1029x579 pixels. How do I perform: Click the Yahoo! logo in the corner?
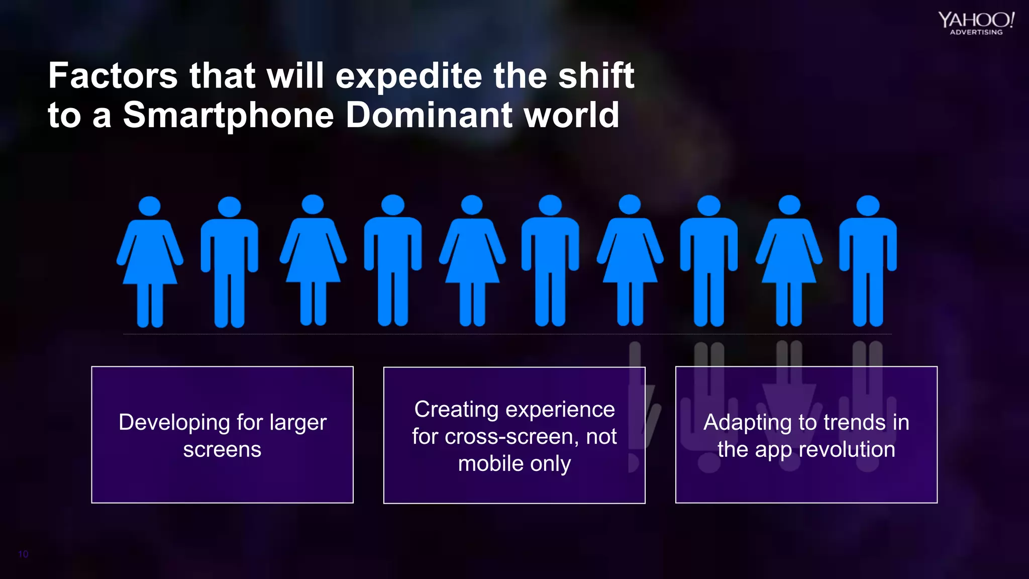click(976, 20)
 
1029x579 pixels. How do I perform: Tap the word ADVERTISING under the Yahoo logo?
click(976, 32)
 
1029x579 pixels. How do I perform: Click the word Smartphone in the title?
click(228, 115)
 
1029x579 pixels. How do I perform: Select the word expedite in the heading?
click(408, 76)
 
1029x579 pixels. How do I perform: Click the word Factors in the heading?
click(113, 76)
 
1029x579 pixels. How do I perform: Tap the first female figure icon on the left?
click(150, 261)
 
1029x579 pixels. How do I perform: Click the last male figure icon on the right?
click(868, 261)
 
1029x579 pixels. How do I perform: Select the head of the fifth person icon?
click(472, 205)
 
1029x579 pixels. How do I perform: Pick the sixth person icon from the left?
click(550, 261)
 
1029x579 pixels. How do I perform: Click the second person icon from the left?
click(230, 261)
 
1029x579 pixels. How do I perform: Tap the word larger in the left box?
click(298, 423)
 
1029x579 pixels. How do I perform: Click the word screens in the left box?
click(222, 449)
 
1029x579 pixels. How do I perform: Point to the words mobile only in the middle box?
click(514, 463)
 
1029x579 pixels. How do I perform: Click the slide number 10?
click(23, 554)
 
